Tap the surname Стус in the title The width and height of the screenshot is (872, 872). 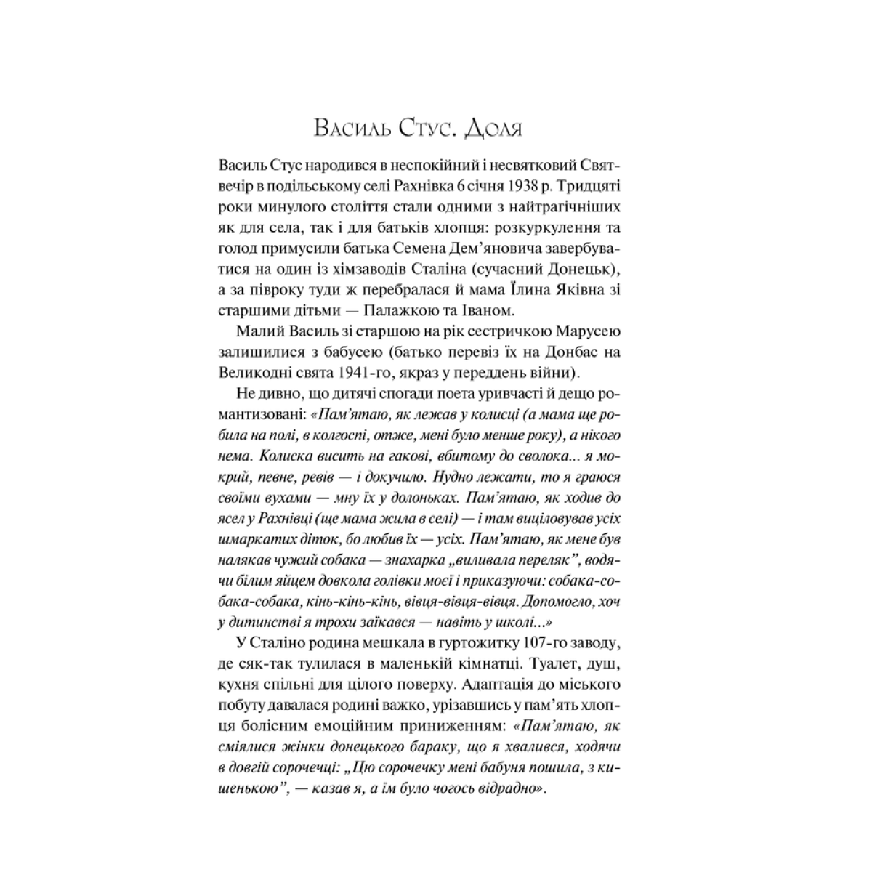click(419, 129)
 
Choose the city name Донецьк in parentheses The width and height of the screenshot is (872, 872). click(580, 270)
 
